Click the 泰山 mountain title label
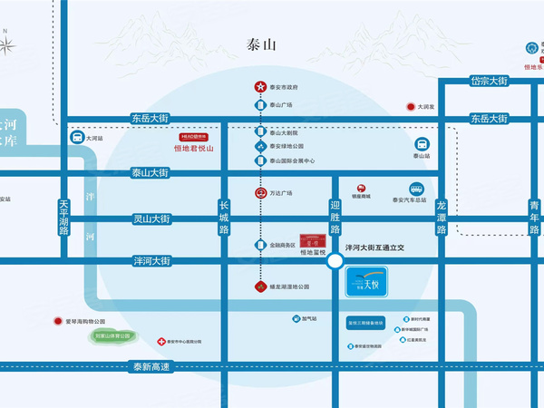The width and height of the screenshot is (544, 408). [x=262, y=44]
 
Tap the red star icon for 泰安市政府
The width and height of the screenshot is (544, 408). [x=258, y=87]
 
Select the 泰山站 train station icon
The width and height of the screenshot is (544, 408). [x=423, y=144]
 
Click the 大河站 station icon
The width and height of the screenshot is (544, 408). [x=77, y=139]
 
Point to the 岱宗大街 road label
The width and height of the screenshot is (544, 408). [x=488, y=81]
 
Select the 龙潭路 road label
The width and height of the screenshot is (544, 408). [x=442, y=217]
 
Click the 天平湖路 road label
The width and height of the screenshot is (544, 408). [x=63, y=217]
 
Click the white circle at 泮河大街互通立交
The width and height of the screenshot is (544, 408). [x=335, y=261]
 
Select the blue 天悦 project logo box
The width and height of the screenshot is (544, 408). [x=367, y=283]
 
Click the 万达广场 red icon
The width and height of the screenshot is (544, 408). [x=258, y=192]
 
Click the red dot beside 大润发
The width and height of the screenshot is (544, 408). [x=408, y=107]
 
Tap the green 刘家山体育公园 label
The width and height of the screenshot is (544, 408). [x=113, y=335]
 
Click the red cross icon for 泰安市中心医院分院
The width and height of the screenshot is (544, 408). [x=161, y=342]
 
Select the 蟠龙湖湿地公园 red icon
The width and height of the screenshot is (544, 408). [x=258, y=287]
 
